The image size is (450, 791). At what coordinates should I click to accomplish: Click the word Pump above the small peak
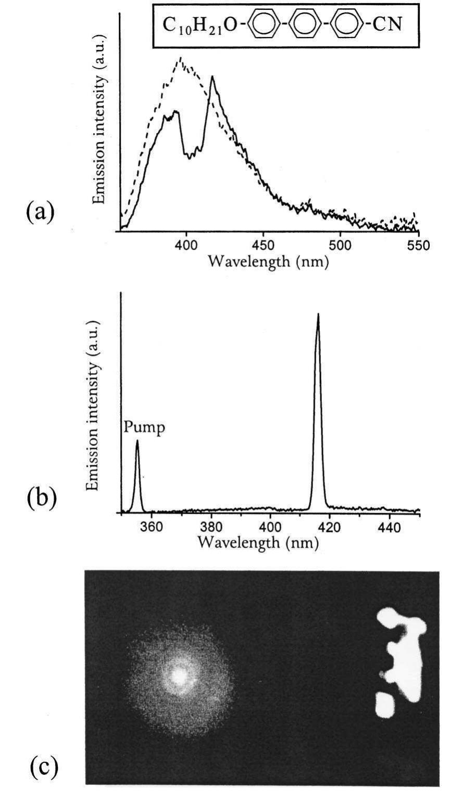[137, 428]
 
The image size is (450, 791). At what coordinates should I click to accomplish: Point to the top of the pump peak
[137, 441]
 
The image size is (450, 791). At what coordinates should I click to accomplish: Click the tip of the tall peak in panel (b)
[318, 314]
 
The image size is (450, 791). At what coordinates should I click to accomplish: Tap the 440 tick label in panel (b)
[388, 528]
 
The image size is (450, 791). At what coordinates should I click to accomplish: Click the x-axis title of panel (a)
[268, 261]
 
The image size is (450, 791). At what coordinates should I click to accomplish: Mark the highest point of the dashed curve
[180, 58]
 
